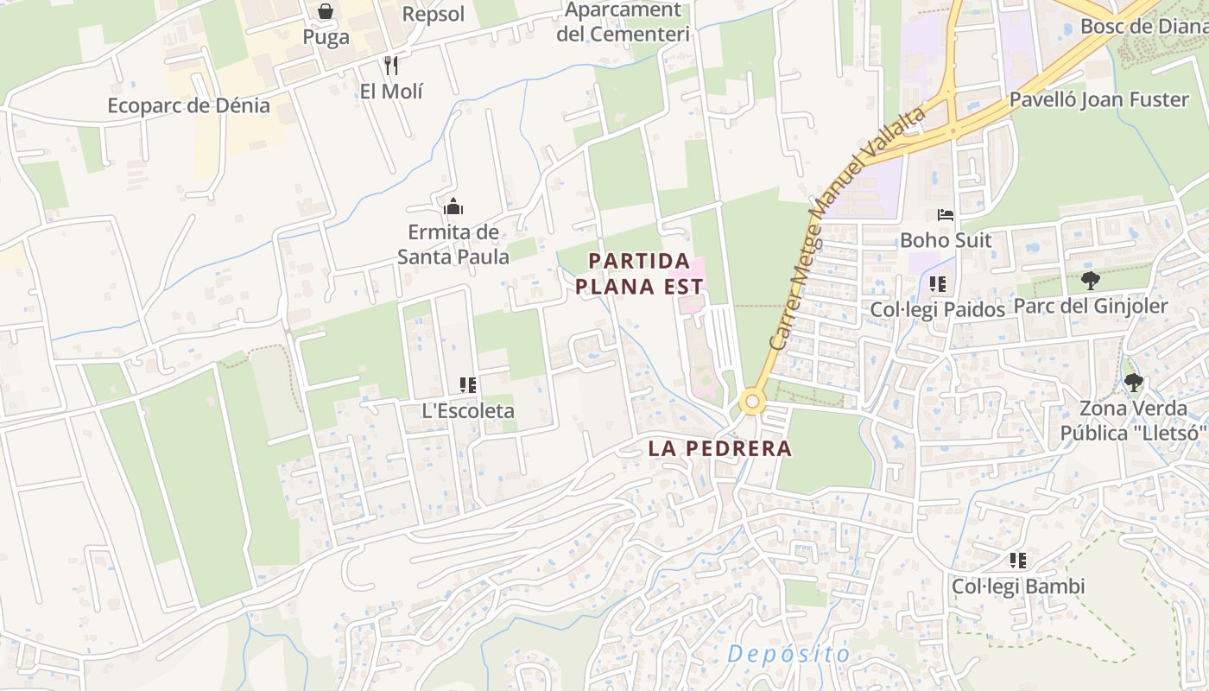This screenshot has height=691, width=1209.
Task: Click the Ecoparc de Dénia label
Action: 188,106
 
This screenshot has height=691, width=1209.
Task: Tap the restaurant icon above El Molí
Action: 391,66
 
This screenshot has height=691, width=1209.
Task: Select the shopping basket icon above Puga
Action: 326,11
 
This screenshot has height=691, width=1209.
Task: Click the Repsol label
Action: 434,15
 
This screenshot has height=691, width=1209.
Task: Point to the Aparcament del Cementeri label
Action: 623,22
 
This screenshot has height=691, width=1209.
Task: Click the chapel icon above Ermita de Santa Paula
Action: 453,206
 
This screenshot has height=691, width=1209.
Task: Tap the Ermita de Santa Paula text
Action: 453,244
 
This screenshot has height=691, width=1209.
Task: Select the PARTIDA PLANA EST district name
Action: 640,274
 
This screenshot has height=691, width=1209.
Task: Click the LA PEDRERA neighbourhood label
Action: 719,448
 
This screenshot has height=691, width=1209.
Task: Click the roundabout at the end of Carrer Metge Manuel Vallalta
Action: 752,402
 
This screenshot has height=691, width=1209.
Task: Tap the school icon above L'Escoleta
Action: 468,385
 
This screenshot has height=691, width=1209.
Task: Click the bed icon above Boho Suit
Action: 946,214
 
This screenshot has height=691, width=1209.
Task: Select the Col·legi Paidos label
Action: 937,309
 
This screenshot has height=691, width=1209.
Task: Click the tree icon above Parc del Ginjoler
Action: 1091,280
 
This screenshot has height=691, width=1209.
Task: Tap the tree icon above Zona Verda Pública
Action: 1133,382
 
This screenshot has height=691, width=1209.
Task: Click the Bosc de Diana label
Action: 1143,26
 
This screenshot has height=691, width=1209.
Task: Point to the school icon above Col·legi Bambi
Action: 1018,561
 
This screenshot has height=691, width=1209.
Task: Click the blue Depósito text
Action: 788,654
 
